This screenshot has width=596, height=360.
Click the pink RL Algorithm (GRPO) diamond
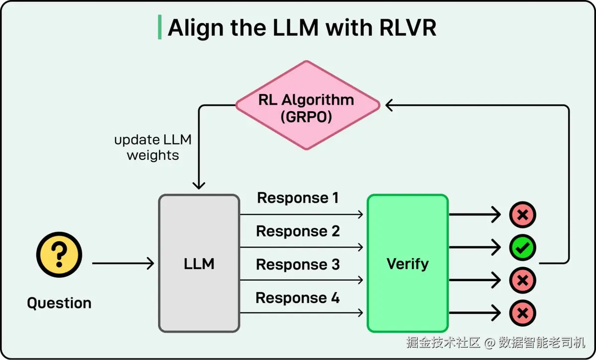(307, 105)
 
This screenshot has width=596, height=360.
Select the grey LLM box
(199, 263)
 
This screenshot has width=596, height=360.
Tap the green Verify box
(407, 263)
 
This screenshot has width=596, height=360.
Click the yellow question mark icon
(59, 255)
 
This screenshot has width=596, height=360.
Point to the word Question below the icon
(59, 303)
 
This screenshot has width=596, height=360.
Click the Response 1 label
(298, 198)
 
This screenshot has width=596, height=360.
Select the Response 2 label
(298, 231)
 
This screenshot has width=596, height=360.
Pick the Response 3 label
(298, 265)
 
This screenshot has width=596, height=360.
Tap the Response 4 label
(298, 298)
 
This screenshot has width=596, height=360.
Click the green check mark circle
(522, 247)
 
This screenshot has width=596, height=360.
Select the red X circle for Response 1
(522, 215)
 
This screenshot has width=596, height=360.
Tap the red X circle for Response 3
(522, 281)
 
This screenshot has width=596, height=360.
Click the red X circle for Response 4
(522, 313)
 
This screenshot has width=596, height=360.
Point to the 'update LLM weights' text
(153, 147)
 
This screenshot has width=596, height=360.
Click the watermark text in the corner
(496, 343)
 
